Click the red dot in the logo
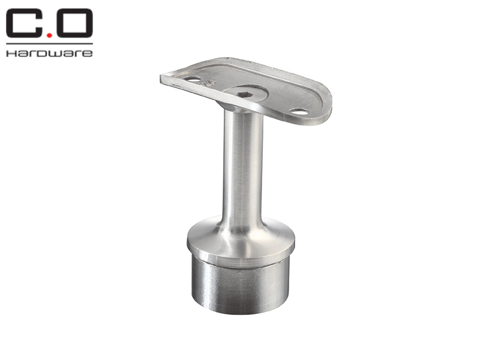click(49, 35)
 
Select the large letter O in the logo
click(74, 23)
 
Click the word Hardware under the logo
click(49, 53)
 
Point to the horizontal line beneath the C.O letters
click(49, 44)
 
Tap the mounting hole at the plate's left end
click(192, 79)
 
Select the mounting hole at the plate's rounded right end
click(299, 112)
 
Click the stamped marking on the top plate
click(209, 83)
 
